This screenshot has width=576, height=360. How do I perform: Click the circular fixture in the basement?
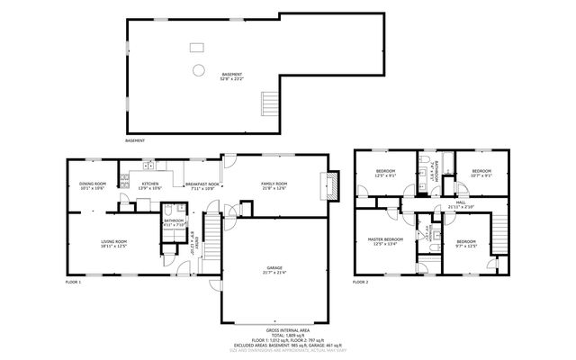(x=196, y=69)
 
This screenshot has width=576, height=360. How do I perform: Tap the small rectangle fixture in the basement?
(x=196, y=47)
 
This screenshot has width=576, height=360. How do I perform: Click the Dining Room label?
(x=93, y=186)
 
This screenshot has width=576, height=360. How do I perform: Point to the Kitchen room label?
(x=150, y=186)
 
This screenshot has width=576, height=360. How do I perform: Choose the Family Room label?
(x=274, y=185)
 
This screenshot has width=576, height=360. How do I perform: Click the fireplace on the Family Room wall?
(x=332, y=185)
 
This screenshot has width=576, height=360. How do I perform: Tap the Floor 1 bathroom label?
(x=174, y=222)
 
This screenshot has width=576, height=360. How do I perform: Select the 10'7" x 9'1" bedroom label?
(x=481, y=173)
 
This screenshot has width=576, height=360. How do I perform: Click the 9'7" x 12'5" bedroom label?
(x=465, y=244)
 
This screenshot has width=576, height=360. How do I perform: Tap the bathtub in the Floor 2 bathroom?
(x=444, y=165)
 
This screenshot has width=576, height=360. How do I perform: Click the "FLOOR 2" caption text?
(x=361, y=283)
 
